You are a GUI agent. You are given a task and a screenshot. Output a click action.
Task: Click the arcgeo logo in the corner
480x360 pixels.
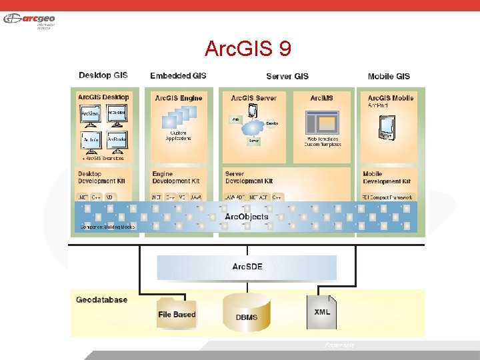30,20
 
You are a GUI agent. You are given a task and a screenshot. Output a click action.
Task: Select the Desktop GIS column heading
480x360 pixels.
103,76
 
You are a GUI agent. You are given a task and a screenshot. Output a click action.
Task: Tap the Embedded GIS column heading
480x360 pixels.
178,76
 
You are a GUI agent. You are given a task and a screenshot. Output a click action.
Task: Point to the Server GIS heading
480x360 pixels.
287,76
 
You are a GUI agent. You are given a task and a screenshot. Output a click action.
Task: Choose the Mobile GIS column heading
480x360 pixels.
389,76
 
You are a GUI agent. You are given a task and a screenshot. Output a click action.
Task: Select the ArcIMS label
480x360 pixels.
321,98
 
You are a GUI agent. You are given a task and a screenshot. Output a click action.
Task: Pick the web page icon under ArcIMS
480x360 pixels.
322,123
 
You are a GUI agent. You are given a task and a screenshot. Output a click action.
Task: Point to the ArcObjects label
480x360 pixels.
247,217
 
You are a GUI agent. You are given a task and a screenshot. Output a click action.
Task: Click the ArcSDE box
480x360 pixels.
247,267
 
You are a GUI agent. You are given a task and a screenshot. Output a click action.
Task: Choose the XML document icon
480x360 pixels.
321,311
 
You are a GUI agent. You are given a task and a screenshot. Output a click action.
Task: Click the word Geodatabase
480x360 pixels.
101,300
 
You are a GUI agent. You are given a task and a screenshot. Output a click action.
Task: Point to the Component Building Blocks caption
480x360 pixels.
107,227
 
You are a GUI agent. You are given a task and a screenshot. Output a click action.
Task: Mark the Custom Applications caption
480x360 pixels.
177,136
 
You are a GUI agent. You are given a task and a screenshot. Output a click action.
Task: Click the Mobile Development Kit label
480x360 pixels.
387,177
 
